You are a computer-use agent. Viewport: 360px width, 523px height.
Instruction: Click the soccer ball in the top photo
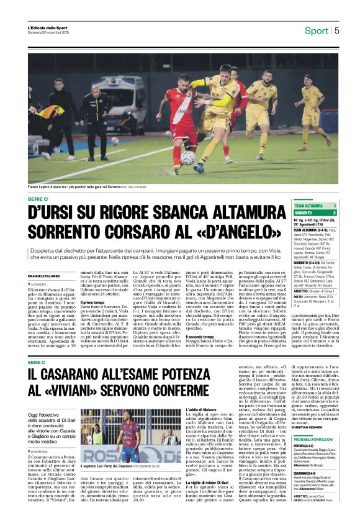coord(187,158)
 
